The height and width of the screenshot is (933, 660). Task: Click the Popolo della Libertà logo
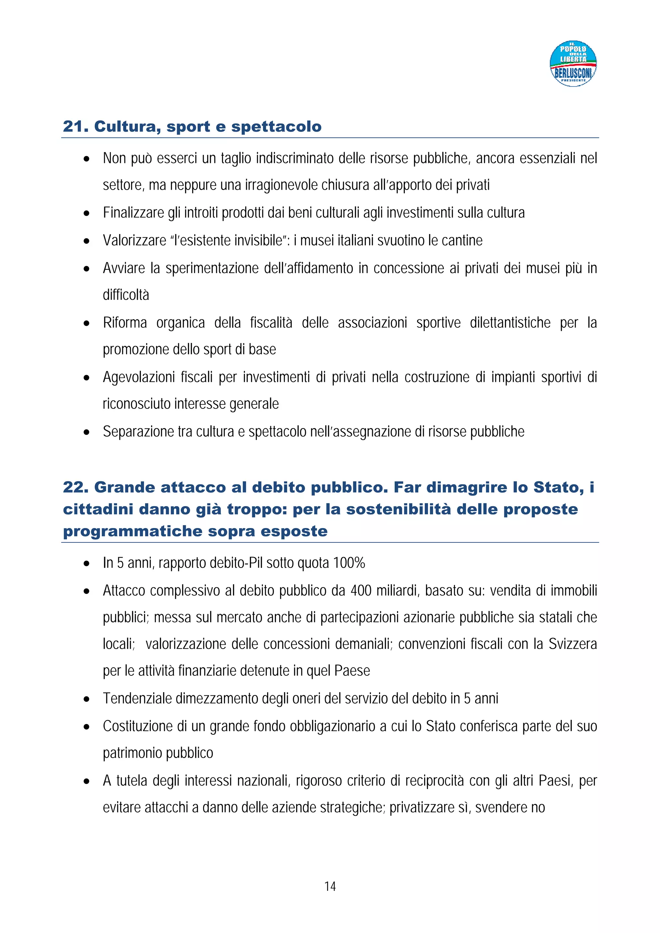tap(573, 63)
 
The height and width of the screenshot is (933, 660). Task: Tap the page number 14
tap(330, 886)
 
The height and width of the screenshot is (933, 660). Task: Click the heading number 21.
tap(75, 127)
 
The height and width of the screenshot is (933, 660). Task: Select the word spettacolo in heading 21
tap(276, 127)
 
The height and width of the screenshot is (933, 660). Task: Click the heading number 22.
tap(75, 487)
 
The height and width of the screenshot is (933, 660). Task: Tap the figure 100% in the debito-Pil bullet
tap(349, 563)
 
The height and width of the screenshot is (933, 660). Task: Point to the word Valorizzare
tap(134, 240)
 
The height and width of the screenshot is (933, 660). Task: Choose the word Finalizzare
tap(133, 213)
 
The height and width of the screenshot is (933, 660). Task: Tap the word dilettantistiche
tap(510, 323)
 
